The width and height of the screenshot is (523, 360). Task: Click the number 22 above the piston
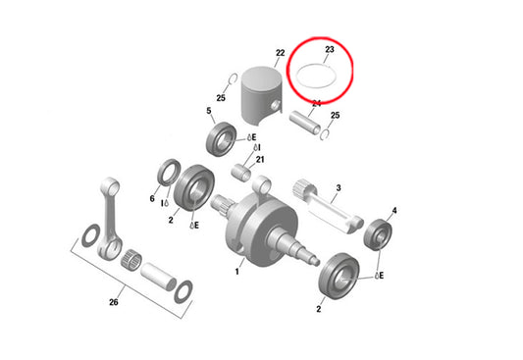[x=281, y=53]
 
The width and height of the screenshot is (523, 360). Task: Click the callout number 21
[x=260, y=160]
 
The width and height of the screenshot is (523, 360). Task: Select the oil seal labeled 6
[x=167, y=175]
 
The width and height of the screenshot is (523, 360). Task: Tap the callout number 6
[x=152, y=198]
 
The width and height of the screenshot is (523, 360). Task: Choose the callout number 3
[x=338, y=186]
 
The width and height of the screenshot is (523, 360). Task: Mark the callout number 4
[x=394, y=210]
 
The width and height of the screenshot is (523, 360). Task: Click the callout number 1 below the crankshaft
[x=235, y=269]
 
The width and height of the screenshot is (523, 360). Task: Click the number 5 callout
[x=209, y=112]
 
